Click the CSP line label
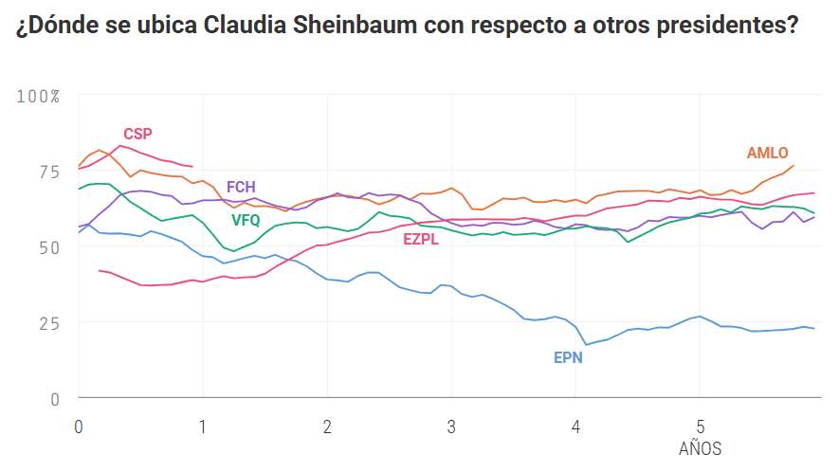tap(137, 134)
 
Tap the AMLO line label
tap(767, 153)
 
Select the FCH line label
tap(241, 187)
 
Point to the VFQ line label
tap(246, 220)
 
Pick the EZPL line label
tap(421, 240)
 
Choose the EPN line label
tap(568, 358)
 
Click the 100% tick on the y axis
tap(39, 97)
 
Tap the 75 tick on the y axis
tap(46, 172)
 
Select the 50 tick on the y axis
tap(46, 246)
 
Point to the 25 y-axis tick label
tap(46, 322)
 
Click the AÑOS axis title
tap(700, 447)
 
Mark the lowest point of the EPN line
tap(586, 344)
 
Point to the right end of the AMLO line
tap(793, 165)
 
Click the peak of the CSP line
tap(119, 145)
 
